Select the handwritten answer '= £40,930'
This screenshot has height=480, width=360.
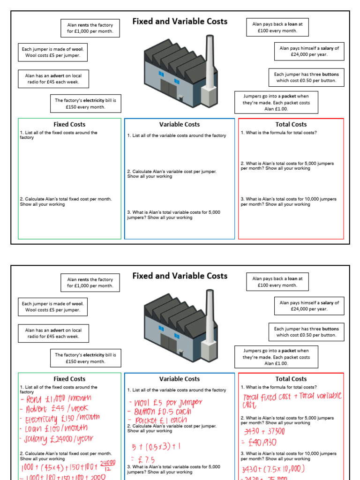260,443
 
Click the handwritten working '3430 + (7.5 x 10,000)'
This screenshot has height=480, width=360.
273,469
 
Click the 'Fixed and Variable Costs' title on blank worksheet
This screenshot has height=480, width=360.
180,22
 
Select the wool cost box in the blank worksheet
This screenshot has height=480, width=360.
52,52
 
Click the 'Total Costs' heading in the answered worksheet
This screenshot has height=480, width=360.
291,379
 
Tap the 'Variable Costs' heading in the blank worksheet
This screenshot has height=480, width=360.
179,124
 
